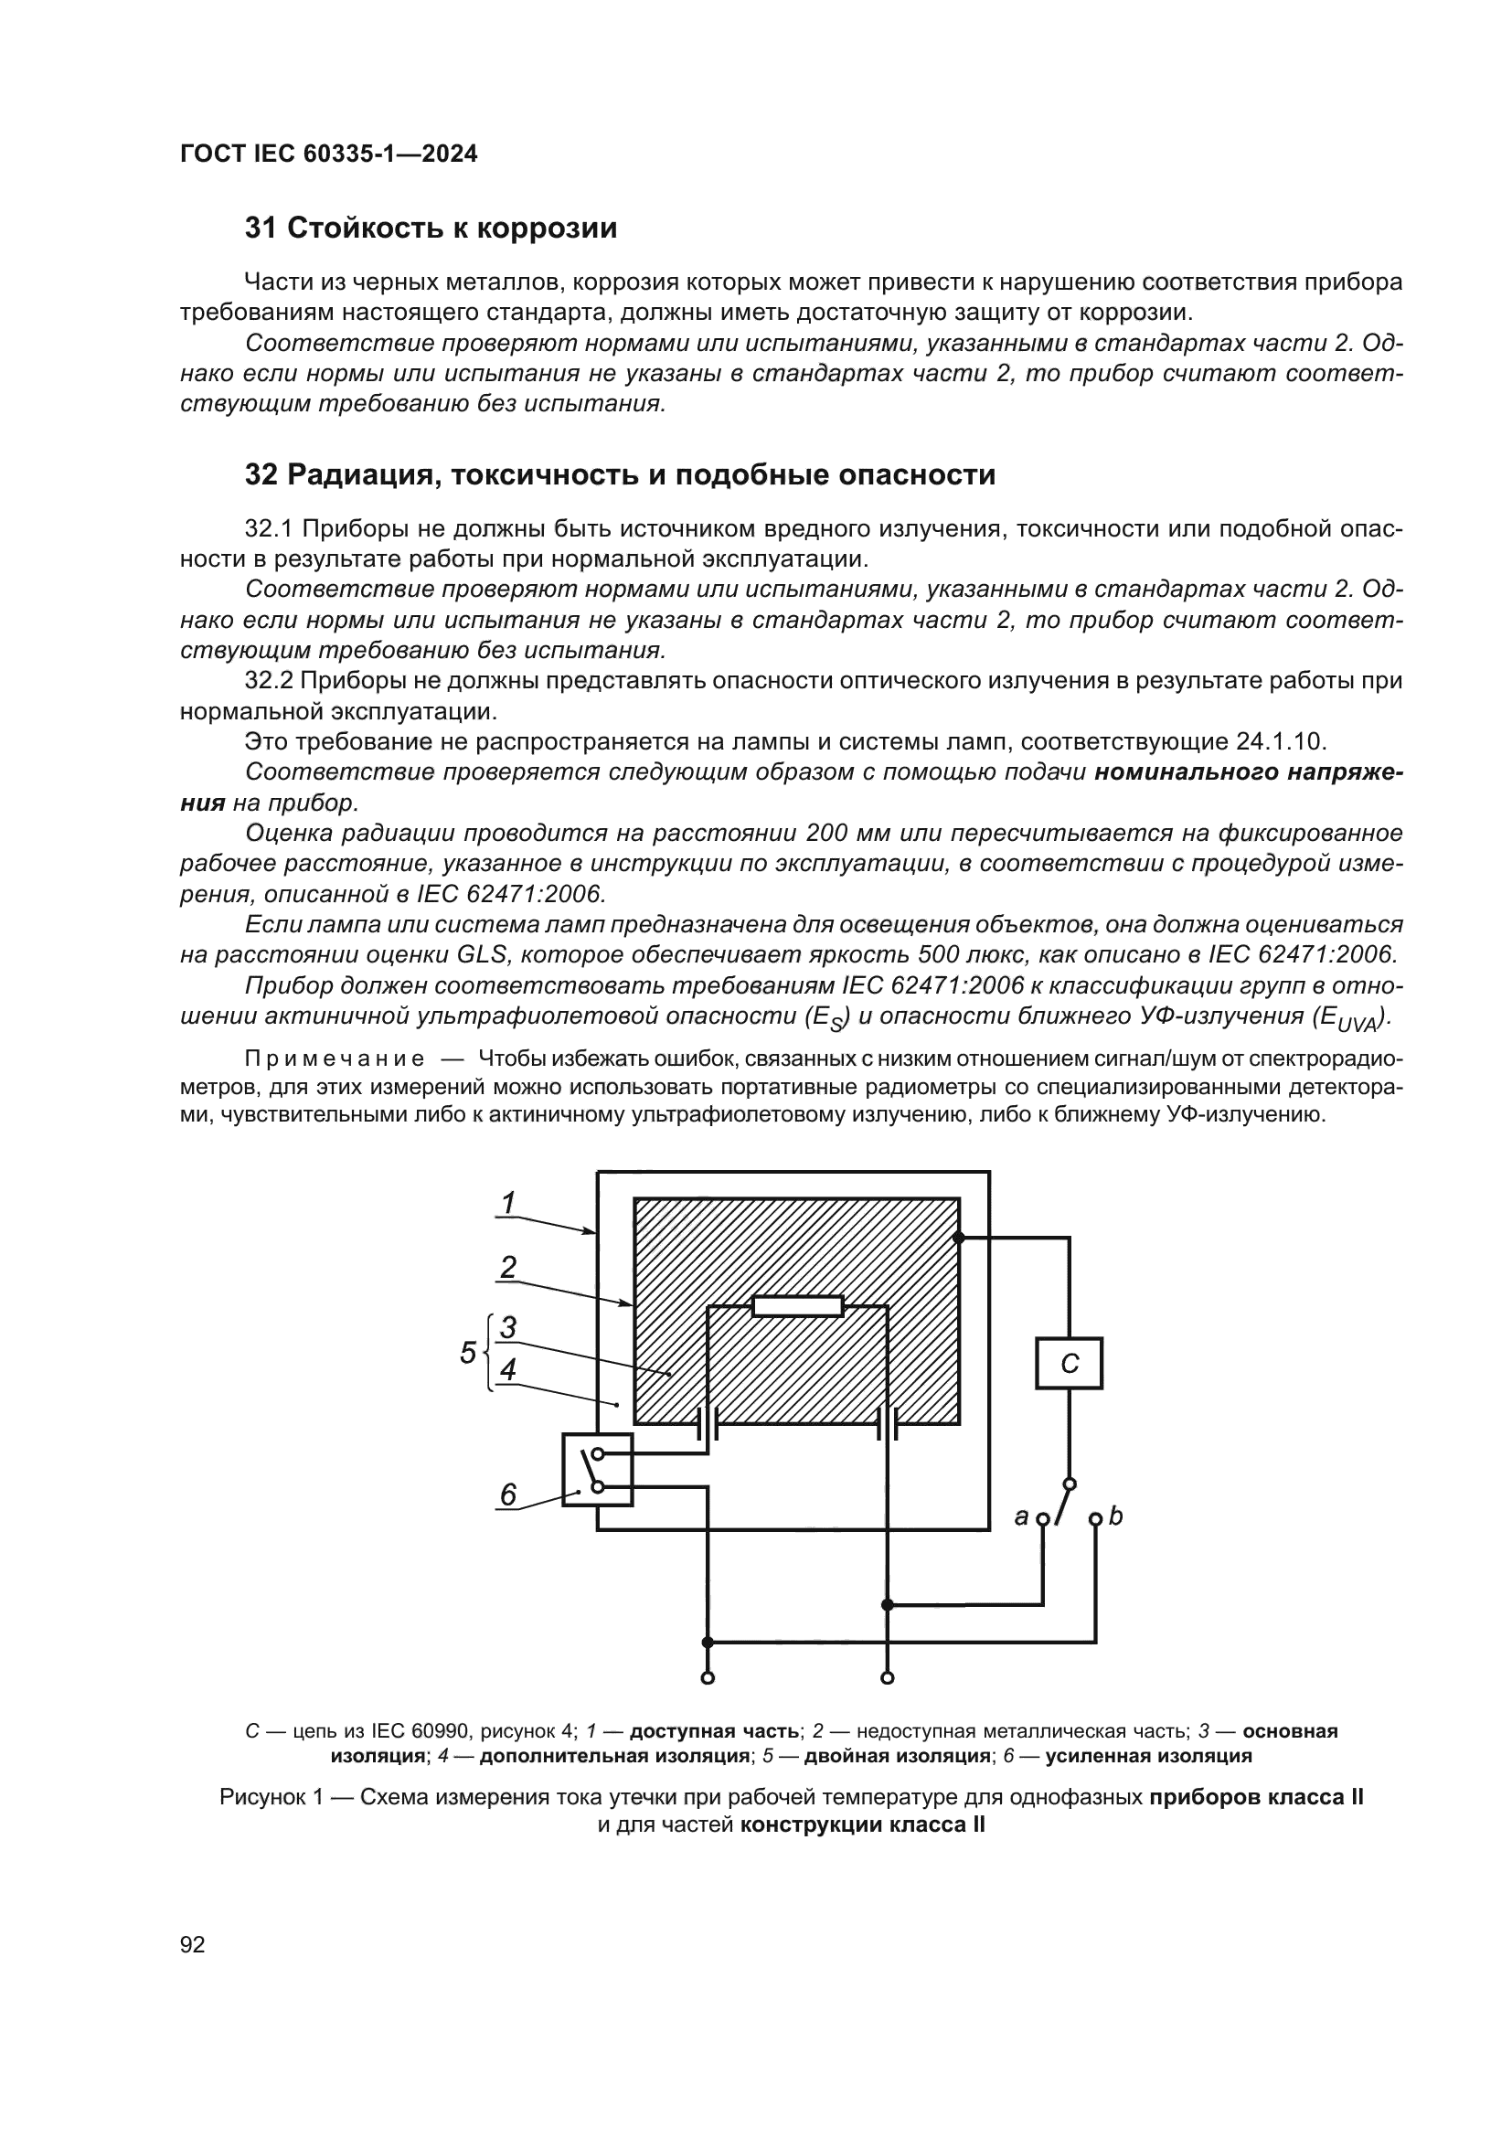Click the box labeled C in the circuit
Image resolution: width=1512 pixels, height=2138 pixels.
tap(1069, 1363)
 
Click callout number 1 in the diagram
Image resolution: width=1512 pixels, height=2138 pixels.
tap(508, 1203)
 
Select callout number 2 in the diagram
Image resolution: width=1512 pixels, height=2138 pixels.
tap(508, 1266)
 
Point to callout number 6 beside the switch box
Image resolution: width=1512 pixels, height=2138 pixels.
tap(508, 1494)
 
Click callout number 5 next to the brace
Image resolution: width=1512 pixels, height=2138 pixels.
tap(468, 1353)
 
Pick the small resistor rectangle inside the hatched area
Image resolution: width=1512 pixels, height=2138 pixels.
tap(798, 1305)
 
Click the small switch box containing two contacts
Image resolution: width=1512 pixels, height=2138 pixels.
tap(598, 1470)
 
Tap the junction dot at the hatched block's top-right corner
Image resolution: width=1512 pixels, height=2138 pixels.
tap(959, 1238)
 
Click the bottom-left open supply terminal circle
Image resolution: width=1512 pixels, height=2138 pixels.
tap(708, 1678)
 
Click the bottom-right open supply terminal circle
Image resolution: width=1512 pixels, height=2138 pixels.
tap(888, 1678)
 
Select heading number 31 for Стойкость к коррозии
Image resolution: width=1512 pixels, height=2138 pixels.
tap(261, 229)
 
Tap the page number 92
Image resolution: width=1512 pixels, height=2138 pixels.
tap(193, 1944)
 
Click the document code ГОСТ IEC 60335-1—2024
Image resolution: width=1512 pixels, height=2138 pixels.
tap(329, 154)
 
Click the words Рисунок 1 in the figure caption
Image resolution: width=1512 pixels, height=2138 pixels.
tap(271, 1797)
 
